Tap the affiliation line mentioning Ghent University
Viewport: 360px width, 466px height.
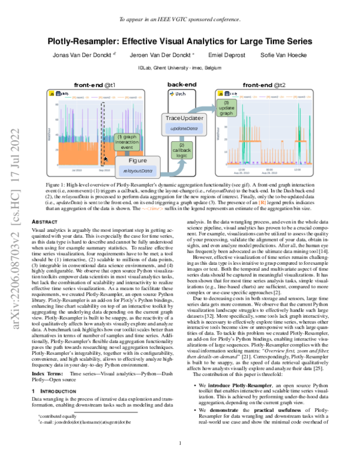179,68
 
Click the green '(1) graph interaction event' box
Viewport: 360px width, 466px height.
127,142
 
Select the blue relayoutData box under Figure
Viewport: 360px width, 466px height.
137,171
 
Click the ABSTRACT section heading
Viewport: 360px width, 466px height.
44,222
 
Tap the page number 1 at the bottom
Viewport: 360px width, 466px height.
180,443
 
